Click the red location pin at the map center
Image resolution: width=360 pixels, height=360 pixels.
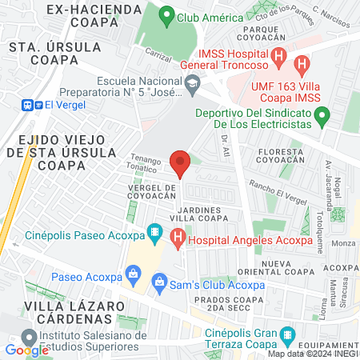pos(180,163)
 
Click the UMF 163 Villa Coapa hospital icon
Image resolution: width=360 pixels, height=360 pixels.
pos(302,64)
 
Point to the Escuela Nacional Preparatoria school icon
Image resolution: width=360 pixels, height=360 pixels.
pos(192,82)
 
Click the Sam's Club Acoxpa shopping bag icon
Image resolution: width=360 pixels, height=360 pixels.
pos(159,282)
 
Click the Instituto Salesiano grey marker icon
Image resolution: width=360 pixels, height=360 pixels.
pos(30,335)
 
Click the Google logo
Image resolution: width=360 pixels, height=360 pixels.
pos(26,350)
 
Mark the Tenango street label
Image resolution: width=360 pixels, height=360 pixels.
pos(146,158)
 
